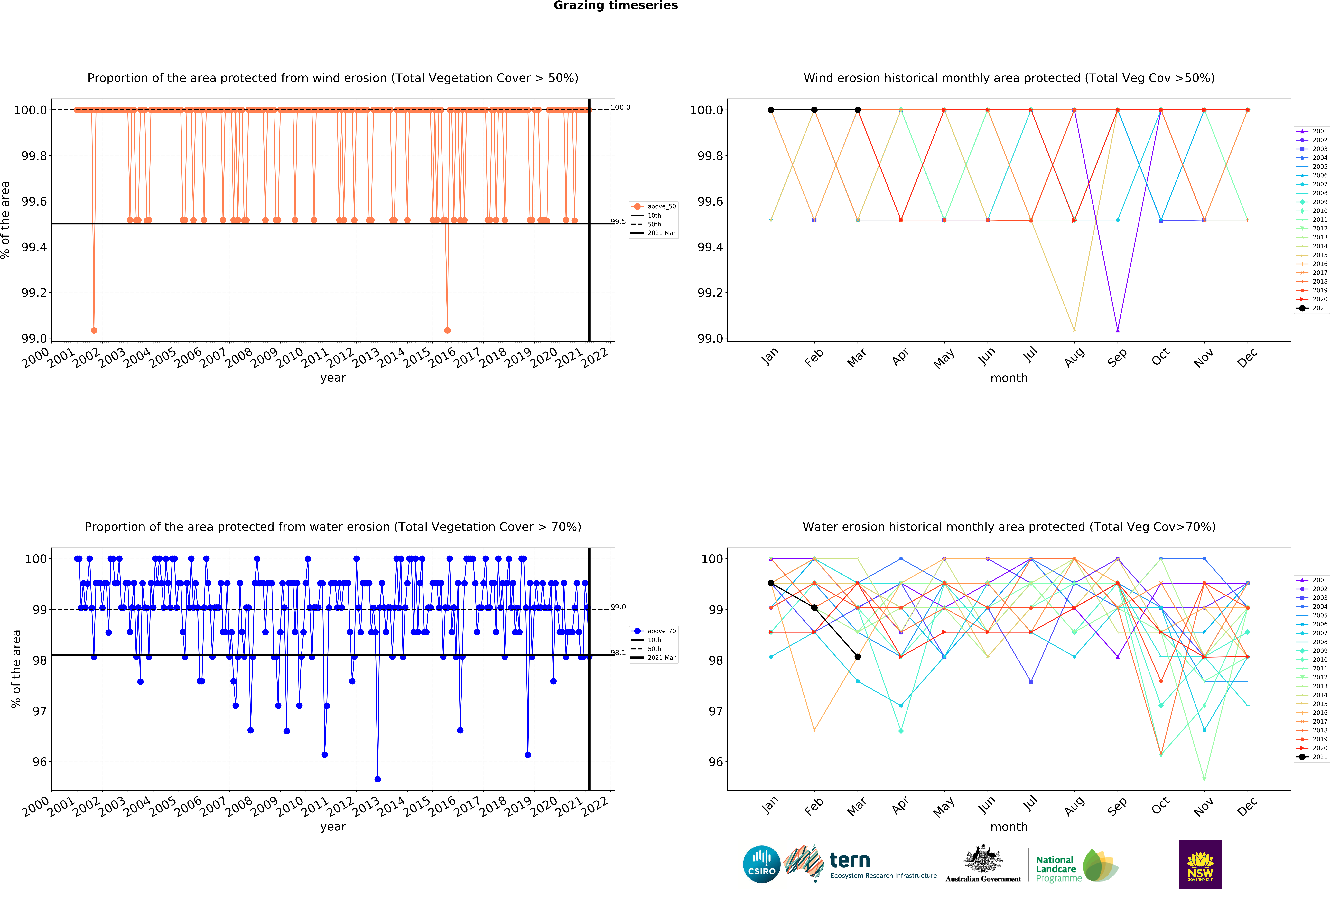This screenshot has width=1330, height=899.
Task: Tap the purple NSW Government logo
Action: [1200, 864]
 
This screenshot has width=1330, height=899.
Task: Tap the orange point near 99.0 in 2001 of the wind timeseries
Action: [94, 330]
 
